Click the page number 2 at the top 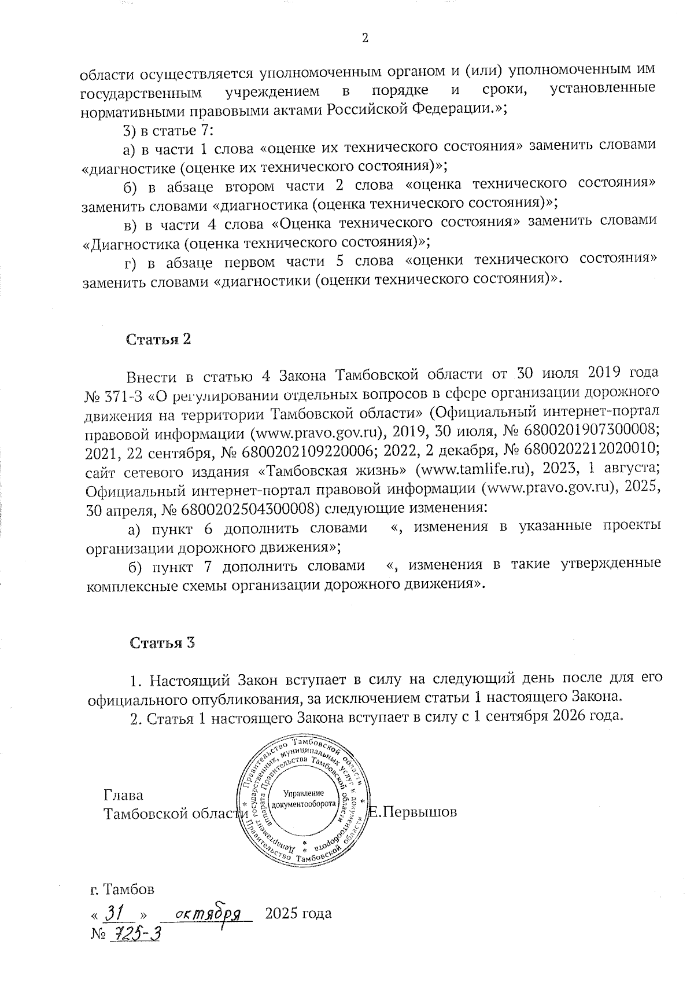(364, 39)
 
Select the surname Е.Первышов (413, 812)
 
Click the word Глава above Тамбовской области (124, 795)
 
